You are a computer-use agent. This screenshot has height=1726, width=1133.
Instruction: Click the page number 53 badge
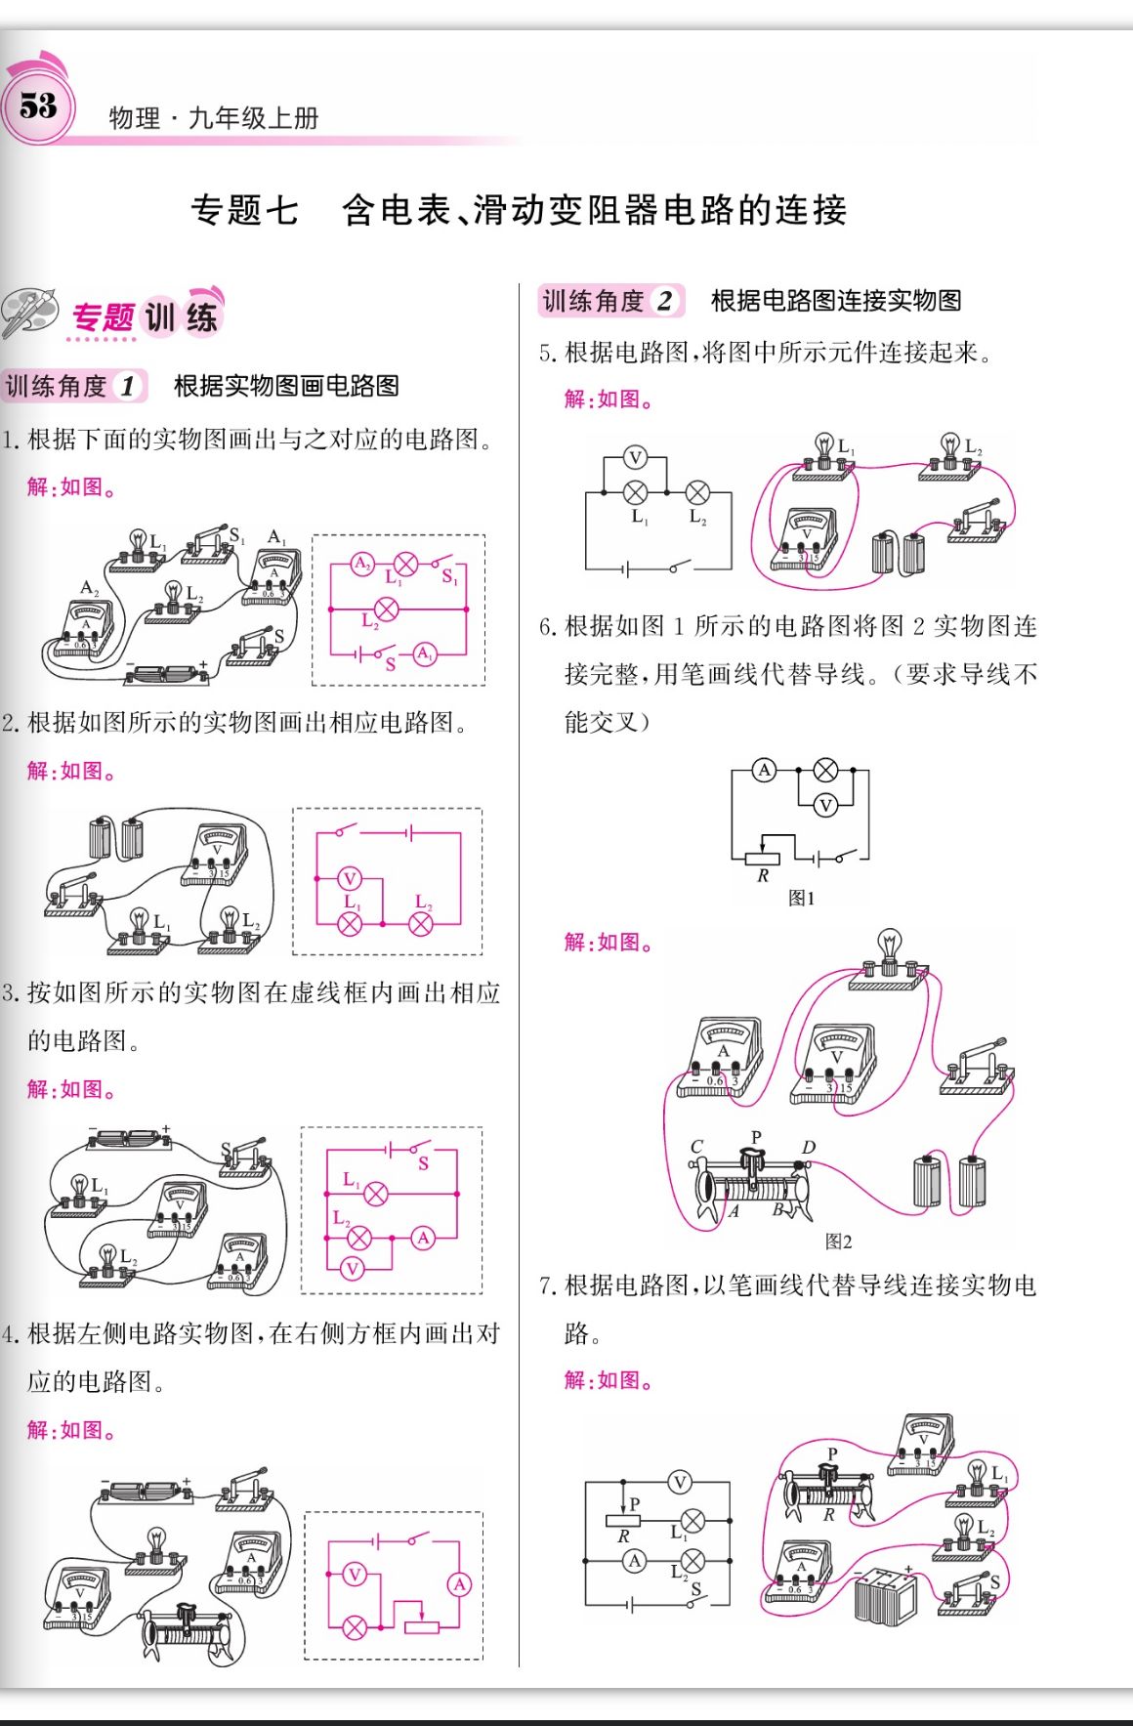pyautogui.click(x=39, y=105)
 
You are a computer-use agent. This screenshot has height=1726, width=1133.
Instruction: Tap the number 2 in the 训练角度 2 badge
pyautogui.click(x=664, y=301)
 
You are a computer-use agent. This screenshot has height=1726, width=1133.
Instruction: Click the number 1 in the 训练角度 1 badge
pyautogui.click(x=128, y=387)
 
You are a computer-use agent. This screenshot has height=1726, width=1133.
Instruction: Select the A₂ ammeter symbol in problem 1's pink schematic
pyautogui.click(x=362, y=564)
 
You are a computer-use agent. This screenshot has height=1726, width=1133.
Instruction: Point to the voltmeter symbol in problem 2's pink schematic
pyautogui.click(x=349, y=878)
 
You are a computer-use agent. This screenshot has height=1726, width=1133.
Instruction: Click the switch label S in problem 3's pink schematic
pyautogui.click(x=423, y=1163)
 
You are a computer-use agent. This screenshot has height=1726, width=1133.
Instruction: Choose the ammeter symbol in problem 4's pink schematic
pyautogui.click(x=459, y=1584)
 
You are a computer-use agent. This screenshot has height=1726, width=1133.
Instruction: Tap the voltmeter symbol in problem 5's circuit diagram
pyautogui.click(x=636, y=457)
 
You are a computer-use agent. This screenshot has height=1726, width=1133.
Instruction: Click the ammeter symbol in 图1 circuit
pyautogui.click(x=765, y=770)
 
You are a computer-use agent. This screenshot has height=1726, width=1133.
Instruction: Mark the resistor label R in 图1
pyautogui.click(x=763, y=876)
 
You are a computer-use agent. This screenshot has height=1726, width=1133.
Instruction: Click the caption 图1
pyautogui.click(x=801, y=898)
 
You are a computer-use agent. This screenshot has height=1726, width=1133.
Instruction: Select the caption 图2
pyautogui.click(x=838, y=1242)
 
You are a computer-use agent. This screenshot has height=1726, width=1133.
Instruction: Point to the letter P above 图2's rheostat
pyautogui.click(x=755, y=1137)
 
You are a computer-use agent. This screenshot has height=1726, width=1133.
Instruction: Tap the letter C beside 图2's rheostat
pyautogui.click(x=696, y=1147)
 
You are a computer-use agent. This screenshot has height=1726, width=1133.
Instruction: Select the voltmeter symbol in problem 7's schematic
pyautogui.click(x=680, y=1483)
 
